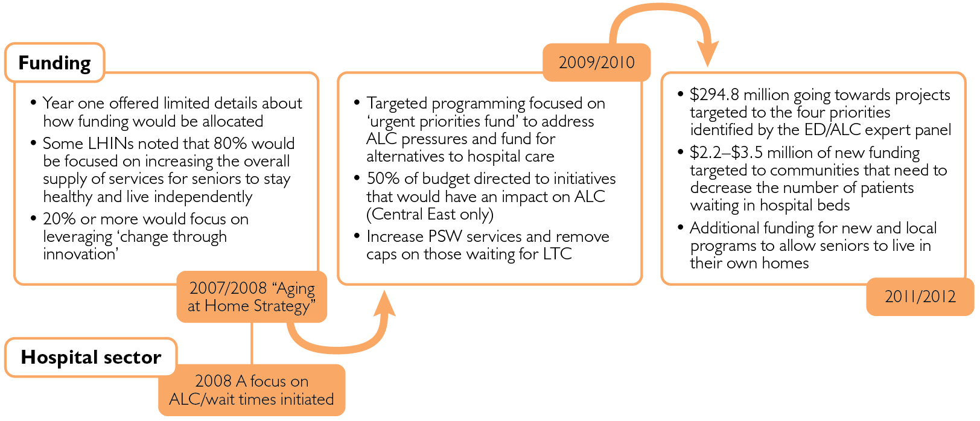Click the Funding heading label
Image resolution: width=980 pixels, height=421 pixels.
pos(54,63)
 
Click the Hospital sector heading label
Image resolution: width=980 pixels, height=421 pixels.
pos(91,357)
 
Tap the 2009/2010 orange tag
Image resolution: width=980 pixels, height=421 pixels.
pos(596,62)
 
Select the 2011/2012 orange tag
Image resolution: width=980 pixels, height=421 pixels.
pos(920,296)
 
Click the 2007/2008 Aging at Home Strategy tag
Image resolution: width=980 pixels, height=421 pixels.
pos(252,297)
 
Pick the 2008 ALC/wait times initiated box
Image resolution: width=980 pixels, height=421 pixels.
pos(252,390)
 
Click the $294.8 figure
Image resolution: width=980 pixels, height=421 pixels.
pos(714,95)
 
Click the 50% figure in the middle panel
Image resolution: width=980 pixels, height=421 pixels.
pos(382,179)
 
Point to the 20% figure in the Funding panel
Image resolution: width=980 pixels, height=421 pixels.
pos(59,219)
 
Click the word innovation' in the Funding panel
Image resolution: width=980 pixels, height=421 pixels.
pos(80,254)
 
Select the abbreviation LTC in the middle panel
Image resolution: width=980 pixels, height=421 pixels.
pos(557,254)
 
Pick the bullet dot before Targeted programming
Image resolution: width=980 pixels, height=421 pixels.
pos(357,103)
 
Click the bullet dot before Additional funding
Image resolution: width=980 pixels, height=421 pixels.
pos(681,228)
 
